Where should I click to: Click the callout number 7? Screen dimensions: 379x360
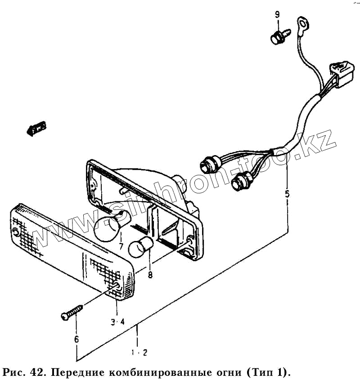point(121,246)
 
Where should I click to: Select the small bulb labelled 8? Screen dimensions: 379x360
point(141,247)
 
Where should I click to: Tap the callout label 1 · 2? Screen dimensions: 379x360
point(139,352)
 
